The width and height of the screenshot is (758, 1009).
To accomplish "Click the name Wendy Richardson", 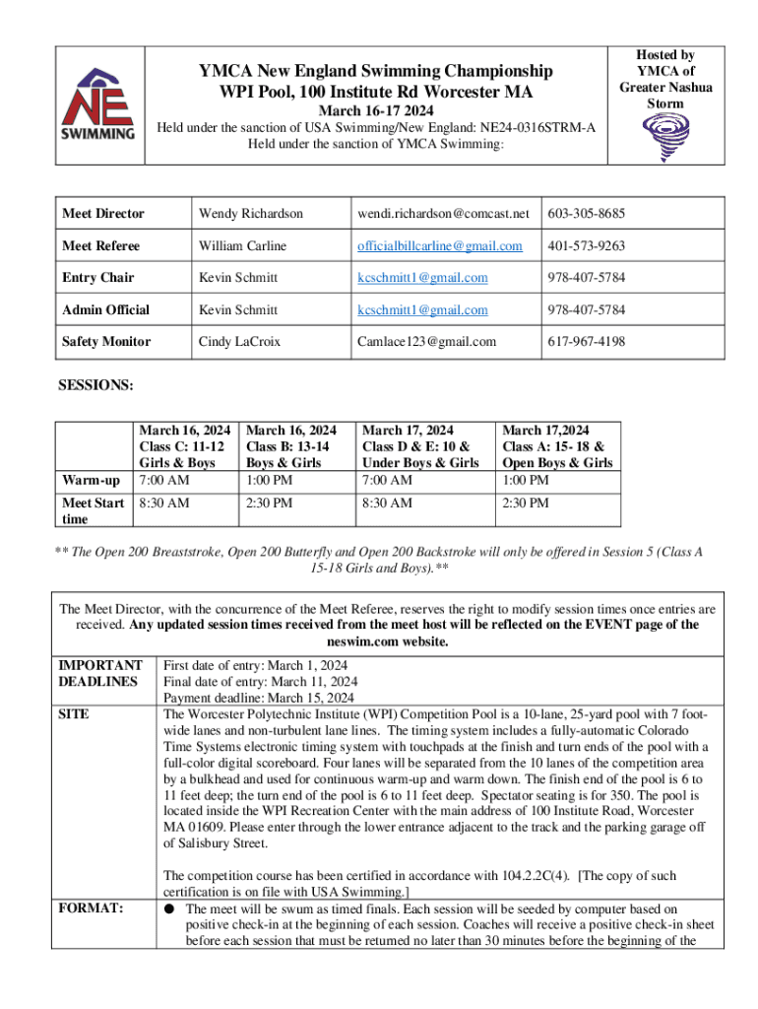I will coord(251,214).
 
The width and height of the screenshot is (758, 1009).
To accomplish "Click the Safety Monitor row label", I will coord(106,342).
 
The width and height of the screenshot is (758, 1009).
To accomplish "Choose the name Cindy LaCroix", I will coord(237,342).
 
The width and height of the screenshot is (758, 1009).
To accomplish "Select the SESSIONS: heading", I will coord(97,385).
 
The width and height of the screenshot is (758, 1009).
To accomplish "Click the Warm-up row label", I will coord(92,481).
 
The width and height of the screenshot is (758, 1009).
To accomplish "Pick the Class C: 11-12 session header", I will coord(185,446).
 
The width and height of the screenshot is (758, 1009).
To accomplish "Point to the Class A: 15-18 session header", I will coord(557,446).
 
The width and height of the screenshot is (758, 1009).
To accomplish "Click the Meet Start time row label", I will coord(93,511).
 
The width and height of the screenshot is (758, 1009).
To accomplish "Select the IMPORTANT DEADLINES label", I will coord(99,673).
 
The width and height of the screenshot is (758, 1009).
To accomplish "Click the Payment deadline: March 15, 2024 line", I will coord(259,699).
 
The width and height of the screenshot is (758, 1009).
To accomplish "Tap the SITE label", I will coord(74,714).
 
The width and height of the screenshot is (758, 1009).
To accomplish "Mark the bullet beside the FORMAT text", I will coord(170,909).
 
